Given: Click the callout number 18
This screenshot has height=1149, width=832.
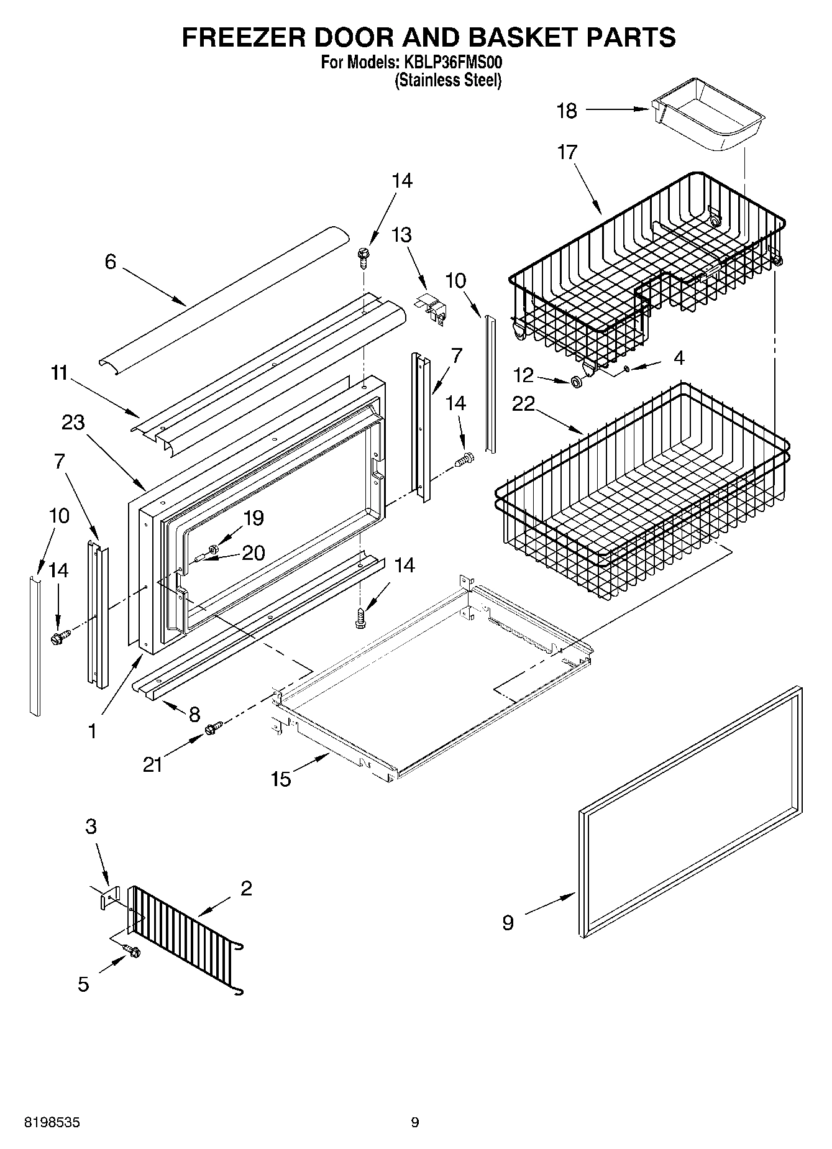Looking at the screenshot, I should tap(567, 111).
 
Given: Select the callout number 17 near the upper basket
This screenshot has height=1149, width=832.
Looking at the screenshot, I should tap(567, 152).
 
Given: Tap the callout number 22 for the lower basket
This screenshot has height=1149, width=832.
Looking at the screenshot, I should tap(523, 404).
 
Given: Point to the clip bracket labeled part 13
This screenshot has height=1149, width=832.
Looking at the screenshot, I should tap(432, 308).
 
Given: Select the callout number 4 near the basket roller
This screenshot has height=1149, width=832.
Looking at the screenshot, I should tap(679, 358).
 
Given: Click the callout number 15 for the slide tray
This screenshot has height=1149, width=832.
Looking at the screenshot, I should tap(281, 778).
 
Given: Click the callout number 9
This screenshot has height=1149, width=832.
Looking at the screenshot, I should tap(508, 922).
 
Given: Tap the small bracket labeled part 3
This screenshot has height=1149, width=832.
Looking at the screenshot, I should tap(109, 897).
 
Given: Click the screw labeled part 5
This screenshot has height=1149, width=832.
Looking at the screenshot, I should tap(133, 951).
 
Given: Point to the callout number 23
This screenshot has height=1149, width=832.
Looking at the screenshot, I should tap(73, 423).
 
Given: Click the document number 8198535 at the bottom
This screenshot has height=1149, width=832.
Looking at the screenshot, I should tap(52, 1122).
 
